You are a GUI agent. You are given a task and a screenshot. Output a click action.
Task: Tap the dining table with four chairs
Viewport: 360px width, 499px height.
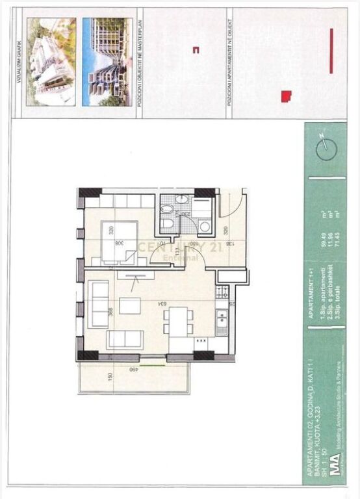pyautogui.click(x=179, y=322)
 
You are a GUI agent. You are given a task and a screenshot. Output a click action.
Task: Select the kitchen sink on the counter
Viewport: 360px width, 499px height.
pyautogui.click(x=222, y=318)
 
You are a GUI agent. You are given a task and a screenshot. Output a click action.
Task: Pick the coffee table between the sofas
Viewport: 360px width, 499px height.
pyautogui.click(x=130, y=305)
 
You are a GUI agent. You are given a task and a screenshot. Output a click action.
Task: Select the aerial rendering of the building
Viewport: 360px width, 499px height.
pyautogui.click(x=51, y=62)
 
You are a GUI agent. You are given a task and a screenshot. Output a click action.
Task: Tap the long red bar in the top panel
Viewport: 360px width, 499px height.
pyautogui.click(x=331, y=51)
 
